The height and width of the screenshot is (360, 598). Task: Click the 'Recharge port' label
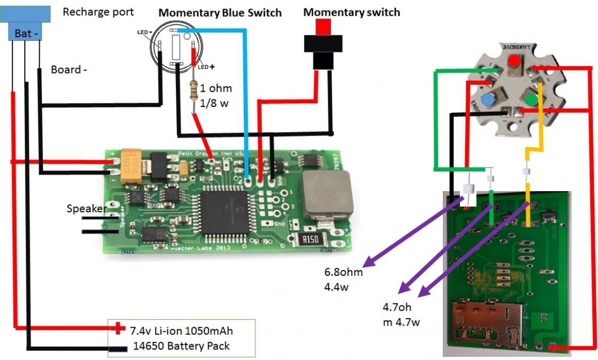pyautogui.click(x=98, y=12)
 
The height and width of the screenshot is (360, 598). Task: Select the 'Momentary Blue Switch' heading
pyautogui.click(x=220, y=12)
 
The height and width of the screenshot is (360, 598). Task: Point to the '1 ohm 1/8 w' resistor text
pyautogui.click(x=216, y=96)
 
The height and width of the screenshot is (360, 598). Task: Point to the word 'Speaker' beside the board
pyautogui.click(x=86, y=209)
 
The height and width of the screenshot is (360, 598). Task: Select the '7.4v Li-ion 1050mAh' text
pyautogui.click(x=181, y=331)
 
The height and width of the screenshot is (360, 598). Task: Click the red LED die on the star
pyautogui.click(x=512, y=61)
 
